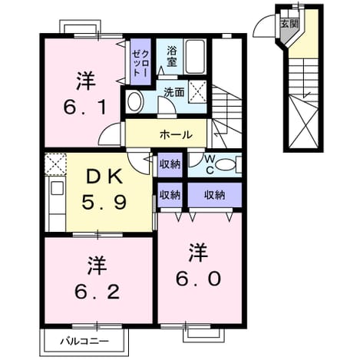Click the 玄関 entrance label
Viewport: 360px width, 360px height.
coord(289,24)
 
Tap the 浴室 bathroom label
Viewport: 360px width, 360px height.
coord(172,56)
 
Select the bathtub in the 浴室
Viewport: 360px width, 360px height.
coord(195,56)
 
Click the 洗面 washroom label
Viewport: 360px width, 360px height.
coord(174,92)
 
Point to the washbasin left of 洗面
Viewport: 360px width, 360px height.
coord(135,101)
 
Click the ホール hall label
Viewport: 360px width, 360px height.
coord(176,135)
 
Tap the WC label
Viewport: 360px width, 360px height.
coord(210,165)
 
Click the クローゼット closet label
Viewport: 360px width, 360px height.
coord(140,62)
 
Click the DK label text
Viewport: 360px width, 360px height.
coord(104,177)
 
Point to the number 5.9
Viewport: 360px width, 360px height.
coord(104,202)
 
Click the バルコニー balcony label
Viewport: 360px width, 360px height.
coord(84,341)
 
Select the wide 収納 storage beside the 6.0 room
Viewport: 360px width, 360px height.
coord(214,195)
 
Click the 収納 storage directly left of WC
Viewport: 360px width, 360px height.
coord(170,164)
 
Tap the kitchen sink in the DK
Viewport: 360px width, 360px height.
coord(57,189)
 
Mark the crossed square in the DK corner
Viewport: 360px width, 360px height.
coord(55,163)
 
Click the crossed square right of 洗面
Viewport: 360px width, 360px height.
coord(197,91)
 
